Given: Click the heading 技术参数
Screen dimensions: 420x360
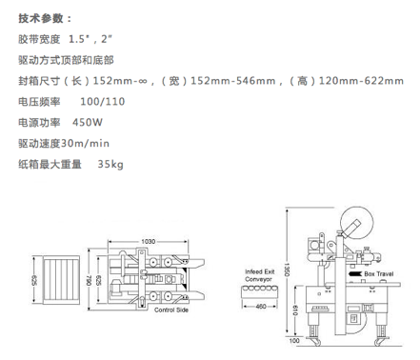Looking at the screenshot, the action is [41, 18].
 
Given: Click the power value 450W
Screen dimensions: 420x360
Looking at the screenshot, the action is [88, 122].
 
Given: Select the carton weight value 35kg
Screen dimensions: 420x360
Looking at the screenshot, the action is [110, 164].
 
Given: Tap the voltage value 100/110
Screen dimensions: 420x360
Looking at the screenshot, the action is [103, 102].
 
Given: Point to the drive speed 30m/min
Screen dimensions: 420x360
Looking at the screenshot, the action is [85, 144].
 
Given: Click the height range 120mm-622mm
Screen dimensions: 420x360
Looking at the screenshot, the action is [361, 81].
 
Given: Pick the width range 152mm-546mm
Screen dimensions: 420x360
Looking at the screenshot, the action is [232, 81].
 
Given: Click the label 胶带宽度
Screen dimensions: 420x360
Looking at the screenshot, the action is [39, 39].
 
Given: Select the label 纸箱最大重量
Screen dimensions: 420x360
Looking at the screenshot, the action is [50, 164].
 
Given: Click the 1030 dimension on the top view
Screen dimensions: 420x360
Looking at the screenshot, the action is [149, 242].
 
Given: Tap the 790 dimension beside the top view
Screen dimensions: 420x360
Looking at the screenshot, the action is [89, 280].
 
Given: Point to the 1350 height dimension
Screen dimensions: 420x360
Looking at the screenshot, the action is [287, 270].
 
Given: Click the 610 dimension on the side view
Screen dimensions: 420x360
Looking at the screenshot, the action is [295, 310].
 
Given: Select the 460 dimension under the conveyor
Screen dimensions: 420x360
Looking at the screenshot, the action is [261, 307].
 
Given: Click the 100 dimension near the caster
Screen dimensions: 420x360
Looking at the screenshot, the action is [294, 341].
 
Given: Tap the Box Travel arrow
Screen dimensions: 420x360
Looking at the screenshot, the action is [355, 273].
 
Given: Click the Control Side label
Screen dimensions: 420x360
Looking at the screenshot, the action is [171, 310].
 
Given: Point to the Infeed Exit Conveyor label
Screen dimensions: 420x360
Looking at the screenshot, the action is [259, 275].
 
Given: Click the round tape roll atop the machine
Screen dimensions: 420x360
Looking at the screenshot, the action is [356, 223].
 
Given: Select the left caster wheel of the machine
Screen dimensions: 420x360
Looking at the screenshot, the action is [315, 342].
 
